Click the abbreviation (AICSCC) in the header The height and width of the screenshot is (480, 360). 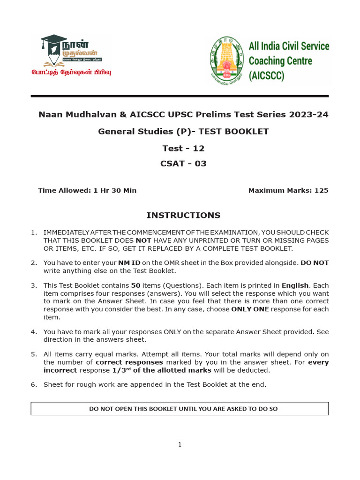pyautogui.click(x=266, y=75)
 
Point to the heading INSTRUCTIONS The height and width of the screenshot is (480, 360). pyautogui.click(x=183, y=215)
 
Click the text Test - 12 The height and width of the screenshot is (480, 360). pyautogui.click(x=183, y=149)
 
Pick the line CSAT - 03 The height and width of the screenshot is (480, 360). pyautogui.click(x=183, y=164)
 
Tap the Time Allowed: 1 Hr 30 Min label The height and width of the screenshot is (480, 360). pyautogui.click(x=87, y=190)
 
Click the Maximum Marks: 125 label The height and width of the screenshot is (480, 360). pyautogui.click(x=288, y=190)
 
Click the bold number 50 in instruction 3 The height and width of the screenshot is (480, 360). pyautogui.click(x=135, y=285)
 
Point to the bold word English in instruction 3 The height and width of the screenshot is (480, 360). pyautogui.click(x=295, y=285)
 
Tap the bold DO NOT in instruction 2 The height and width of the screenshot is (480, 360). pyautogui.click(x=315, y=263)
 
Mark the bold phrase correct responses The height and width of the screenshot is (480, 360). pyautogui.click(x=129, y=362)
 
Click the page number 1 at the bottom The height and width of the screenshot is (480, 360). pyautogui.click(x=180, y=445)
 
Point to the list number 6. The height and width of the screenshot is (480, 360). pyautogui.click(x=34, y=385)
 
